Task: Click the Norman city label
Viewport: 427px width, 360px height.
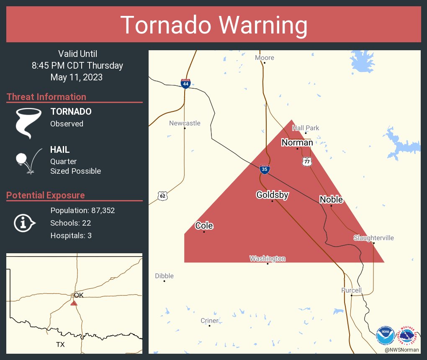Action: (x=297, y=143)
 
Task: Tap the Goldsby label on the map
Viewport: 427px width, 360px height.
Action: (x=272, y=195)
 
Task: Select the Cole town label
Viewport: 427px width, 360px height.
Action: (x=204, y=226)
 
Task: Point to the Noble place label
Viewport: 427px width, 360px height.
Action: (x=331, y=199)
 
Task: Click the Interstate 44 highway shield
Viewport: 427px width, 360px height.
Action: (x=185, y=84)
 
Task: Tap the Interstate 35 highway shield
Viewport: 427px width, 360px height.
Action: (x=264, y=169)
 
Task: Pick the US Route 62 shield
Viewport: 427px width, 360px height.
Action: (x=163, y=195)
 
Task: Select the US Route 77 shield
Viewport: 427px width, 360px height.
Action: (x=307, y=162)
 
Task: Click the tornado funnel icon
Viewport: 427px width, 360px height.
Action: (x=28, y=123)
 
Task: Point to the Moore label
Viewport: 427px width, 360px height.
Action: (x=265, y=57)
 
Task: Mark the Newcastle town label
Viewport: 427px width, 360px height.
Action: (x=185, y=123)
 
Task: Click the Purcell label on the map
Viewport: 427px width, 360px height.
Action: (x=351, y=290)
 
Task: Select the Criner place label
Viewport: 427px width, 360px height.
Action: (x=209, y=321)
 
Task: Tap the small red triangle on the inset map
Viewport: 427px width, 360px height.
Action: (x=74, y=303)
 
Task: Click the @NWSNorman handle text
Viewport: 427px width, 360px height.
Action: (x=402, y=350)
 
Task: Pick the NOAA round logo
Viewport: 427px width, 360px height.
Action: (x=385, y=336)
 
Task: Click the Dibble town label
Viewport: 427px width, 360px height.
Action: (x=164, y=276)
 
